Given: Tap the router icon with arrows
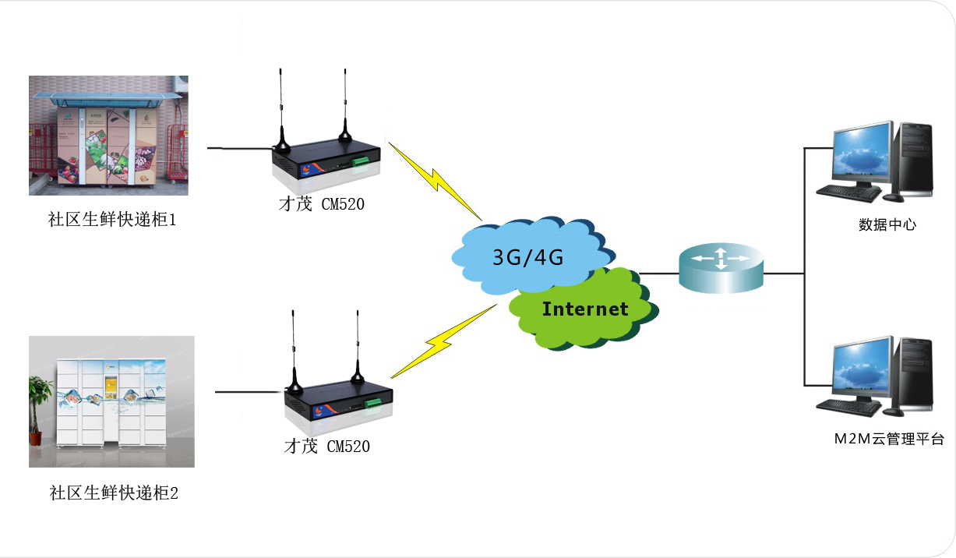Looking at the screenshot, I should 721,267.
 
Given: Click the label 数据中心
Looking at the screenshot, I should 887,225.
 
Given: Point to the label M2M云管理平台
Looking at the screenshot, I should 888,439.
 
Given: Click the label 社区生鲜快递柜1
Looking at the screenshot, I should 113,220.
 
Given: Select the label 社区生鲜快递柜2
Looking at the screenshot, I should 114,493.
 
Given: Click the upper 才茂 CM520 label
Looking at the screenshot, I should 321,204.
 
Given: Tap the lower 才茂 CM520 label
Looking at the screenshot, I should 326,447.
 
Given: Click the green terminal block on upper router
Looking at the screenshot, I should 361,161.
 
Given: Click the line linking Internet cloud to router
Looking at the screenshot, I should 659,274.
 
